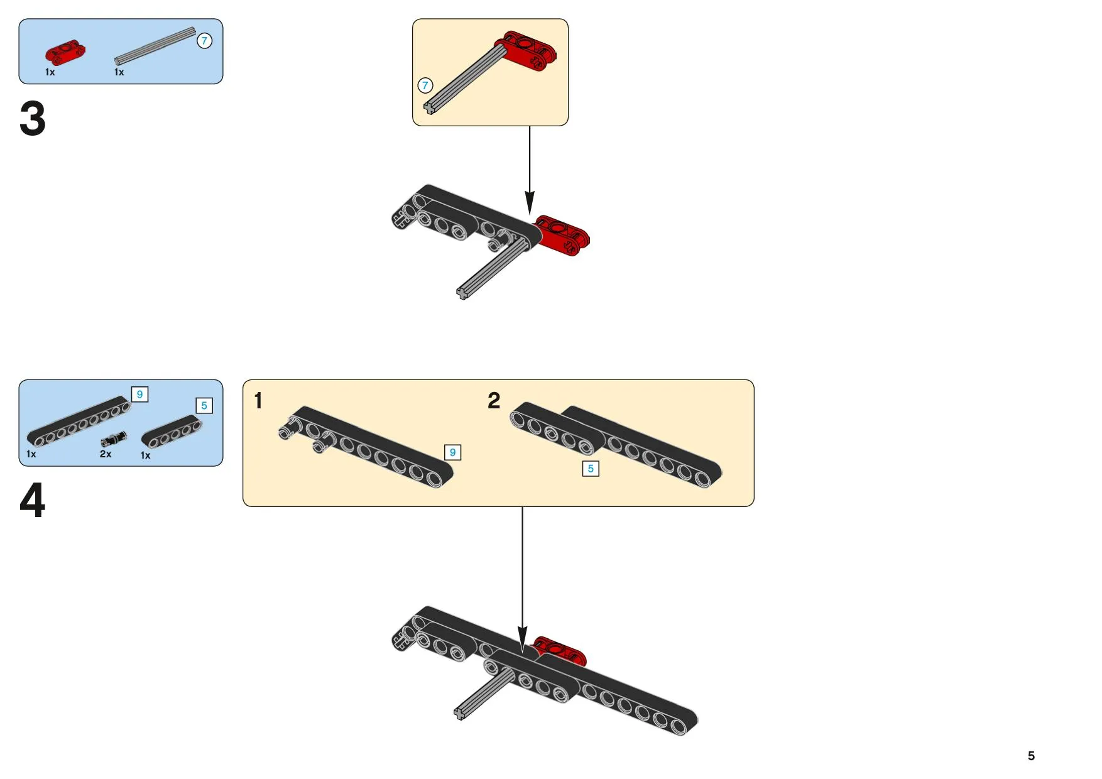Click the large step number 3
(33, 119)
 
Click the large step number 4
(33, 501)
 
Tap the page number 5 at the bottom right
(1031, 756)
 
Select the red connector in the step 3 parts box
(65, 53)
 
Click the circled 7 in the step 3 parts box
(204, 41)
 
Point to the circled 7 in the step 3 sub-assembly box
(425, 85)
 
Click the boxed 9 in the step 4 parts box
(139, 395)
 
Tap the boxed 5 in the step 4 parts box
(204, 406)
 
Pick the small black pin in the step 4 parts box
(113, 440)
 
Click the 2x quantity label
(106, 454)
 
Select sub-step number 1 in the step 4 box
(258, 401)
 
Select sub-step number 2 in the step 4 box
(494, 401)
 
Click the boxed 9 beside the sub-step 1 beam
(452, 452)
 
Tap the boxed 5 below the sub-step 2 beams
(591, 469)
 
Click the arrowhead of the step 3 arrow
(530, 204)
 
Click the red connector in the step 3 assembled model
(562, 235)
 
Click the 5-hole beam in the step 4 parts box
(172, 431)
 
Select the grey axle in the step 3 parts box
(155, 46)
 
